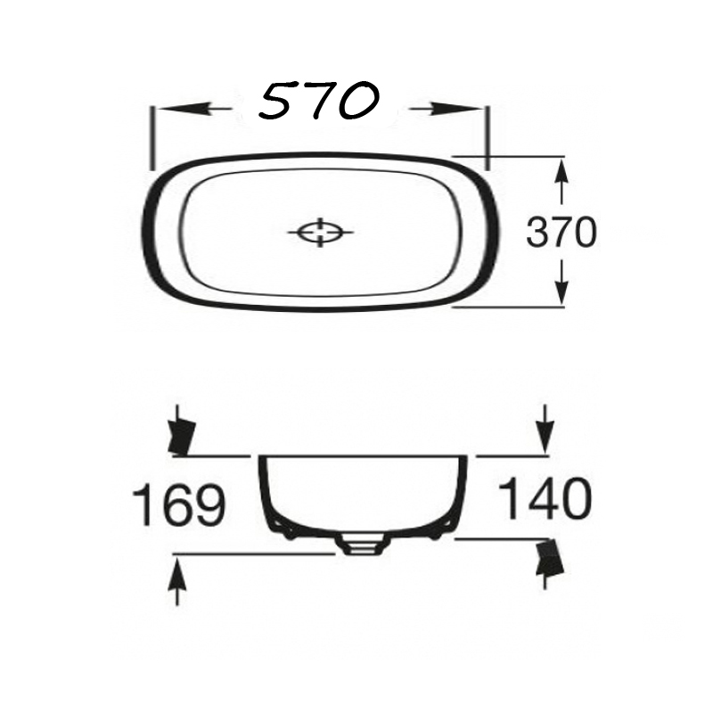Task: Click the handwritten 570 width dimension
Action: pos(318,102)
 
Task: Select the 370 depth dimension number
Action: pos(561,232)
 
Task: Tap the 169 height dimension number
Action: pos(179,504)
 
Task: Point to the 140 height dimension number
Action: pos(545,498)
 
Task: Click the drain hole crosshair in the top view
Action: pos(321,233)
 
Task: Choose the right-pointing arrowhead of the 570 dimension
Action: pos(456,109)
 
